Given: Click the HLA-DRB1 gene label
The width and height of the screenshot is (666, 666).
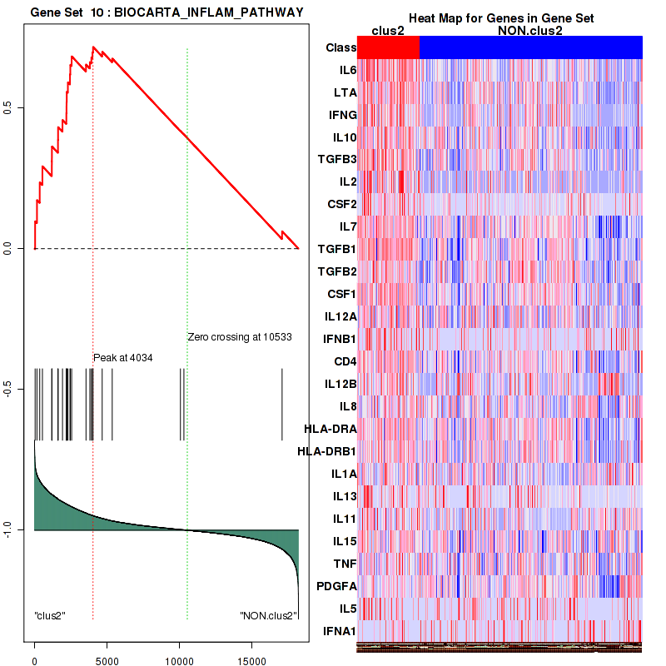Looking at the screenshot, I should (327, 452).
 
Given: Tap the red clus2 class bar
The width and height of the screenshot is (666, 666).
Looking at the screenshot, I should (388, 47).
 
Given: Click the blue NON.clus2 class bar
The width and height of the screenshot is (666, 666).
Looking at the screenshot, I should (530, 47).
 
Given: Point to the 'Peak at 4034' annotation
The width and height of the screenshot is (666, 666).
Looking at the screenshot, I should (123, 357).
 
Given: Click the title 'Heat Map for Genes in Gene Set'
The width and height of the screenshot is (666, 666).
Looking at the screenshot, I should (501, 18).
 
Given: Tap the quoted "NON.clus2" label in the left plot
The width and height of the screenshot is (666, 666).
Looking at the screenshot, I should (268, 616).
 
